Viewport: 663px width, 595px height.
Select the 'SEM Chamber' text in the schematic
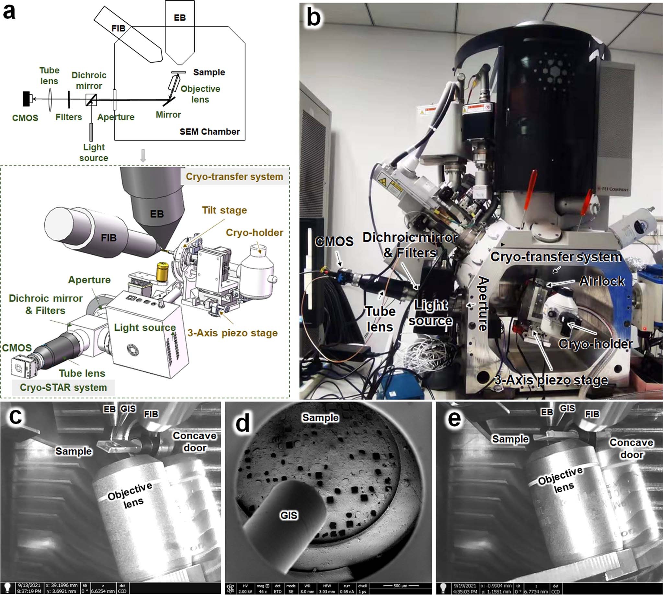210,132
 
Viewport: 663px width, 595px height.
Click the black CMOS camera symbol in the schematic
27,99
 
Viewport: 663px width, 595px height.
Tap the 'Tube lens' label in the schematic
49,75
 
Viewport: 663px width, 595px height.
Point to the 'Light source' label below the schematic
94,152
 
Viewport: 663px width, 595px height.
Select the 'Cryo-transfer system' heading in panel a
234,177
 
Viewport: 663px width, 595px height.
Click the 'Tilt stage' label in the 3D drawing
224,210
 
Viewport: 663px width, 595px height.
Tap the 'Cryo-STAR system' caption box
63,387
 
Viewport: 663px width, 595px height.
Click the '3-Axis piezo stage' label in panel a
233,333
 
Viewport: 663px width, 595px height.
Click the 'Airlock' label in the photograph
601,281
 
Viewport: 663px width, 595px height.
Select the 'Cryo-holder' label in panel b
595,344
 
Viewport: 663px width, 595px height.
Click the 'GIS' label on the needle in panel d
289,516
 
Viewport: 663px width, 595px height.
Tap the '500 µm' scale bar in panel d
400,586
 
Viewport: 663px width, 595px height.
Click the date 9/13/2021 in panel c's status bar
29,586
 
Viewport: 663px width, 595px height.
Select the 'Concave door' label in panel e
631,449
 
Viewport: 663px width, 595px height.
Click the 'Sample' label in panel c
74,451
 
